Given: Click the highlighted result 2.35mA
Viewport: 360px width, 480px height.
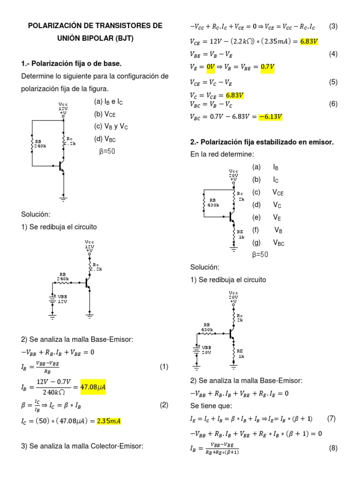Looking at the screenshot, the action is point(109,420).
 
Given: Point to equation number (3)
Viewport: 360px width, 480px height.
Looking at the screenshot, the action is point(333,26).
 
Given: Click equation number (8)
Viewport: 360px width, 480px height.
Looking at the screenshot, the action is point(333,448).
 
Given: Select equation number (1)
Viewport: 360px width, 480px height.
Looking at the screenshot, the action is point(164,367).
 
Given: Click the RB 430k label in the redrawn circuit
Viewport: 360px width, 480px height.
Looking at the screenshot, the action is point(208,327).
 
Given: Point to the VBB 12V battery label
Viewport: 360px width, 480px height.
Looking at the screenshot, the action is point(62,299).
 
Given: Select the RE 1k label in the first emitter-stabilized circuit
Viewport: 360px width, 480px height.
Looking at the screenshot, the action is point(240,234).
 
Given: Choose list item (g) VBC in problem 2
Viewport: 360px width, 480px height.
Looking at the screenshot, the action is point(269,242).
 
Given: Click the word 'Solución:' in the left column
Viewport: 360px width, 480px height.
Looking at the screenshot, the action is point(35,214).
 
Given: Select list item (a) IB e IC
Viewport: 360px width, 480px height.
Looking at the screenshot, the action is point(108,101).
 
